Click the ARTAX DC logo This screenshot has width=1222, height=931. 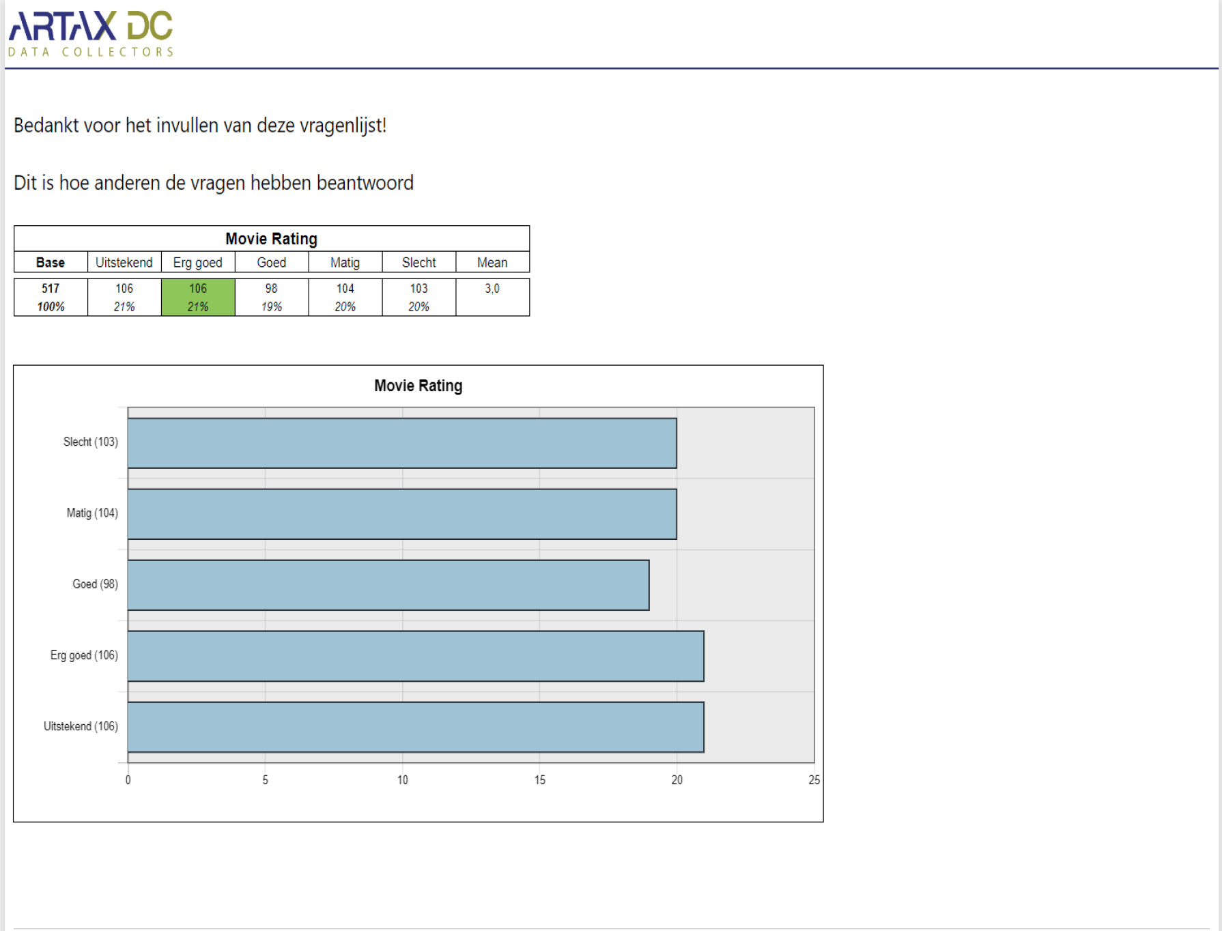(x=91, y=33)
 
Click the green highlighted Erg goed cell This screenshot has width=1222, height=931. (x=198, y=297)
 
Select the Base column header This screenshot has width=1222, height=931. (x=51, y=262)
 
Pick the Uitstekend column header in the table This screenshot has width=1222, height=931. (x=124, y=262)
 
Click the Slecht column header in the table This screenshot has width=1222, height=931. (x=418, y=262)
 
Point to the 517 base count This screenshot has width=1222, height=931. (x=51, y=289)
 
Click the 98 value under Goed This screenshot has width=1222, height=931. (x=272, y=289)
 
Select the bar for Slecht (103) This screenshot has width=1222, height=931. (x=402, y=443)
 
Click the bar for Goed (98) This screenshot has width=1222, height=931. (x=388, y=585)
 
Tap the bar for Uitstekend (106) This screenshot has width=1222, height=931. (x=416, y=727)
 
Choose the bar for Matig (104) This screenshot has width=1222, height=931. (x=402, y=514)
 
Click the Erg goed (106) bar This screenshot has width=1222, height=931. (x=416, y=656)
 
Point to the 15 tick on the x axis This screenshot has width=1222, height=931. (x=540, y=779)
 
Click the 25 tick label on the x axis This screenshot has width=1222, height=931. (x=814, y=779)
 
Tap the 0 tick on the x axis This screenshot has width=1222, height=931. (x=128, y=779)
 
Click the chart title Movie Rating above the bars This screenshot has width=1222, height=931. (x=418, y=386)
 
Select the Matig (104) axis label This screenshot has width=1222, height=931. (x=92, y=513)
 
